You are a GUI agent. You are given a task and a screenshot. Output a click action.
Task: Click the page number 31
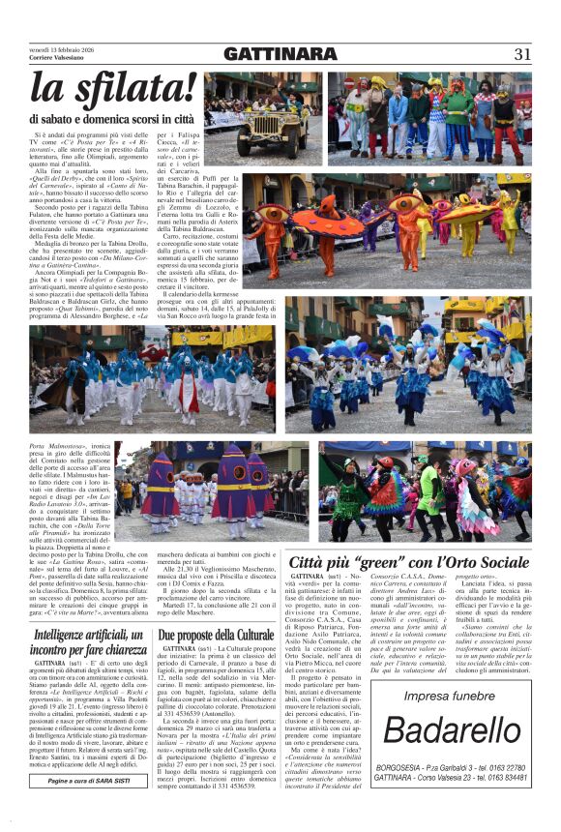pyautogui.click(x=522, y=54)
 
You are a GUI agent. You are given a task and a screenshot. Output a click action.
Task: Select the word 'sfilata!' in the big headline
pyautogui.click(x=127, y=89)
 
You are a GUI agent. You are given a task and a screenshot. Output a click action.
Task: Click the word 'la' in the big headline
pyautogui.click(x=50, y=89)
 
